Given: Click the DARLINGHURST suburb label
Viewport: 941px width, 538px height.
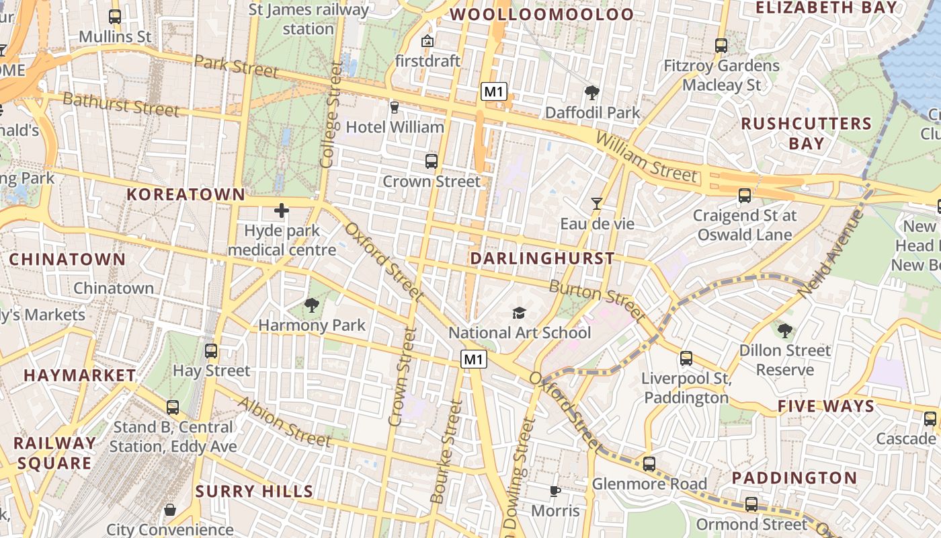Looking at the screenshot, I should pyautogui.click(x=542, y=258).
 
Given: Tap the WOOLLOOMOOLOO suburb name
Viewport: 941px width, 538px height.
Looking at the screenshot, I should pyautogui.click(x=542, y=14).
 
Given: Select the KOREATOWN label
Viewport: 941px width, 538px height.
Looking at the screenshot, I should pyautogui.click(x=186, y=194).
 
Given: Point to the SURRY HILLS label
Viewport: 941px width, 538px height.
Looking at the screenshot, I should pyautogui.click(x=254, y=492).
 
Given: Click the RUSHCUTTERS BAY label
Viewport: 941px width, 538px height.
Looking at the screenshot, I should pyautogui.click(x=807, y=133).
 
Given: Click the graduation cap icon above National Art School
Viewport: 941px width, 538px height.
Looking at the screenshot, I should pyautogui.click(x=519, y=313).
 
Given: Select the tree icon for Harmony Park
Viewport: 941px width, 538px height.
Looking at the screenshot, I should pyautogui.click(x=311, y=305).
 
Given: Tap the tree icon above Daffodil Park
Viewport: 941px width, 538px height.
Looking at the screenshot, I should pyautogui.click(x=592, y=93).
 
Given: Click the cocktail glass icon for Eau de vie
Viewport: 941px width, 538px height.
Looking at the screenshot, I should pyautogui.click(x=596, y=204).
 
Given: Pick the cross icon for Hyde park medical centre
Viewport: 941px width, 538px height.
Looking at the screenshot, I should pyautogui.click(x=281, y=211).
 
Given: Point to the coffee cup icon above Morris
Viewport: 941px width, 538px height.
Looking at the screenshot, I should pyautogui.click(x=555, y=492).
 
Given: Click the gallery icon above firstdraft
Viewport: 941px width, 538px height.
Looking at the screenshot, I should pyautogui.click(x=427, y=42).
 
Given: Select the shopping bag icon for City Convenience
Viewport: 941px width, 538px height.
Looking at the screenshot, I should pyautogui.click(x=170, y=510).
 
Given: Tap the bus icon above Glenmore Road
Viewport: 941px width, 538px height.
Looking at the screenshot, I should pyautogui.click(x=649, y=464).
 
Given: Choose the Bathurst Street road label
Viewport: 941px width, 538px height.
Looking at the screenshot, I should pyautogui.click(x=121, y=104).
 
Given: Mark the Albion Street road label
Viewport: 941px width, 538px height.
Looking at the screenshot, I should pyautogui.click(x=284, y=422).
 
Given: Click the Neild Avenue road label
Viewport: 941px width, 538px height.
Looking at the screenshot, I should pyautogui.click(x=829, y=254).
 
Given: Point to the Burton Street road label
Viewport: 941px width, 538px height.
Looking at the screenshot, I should pyautogui.click(x=597, y=300).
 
